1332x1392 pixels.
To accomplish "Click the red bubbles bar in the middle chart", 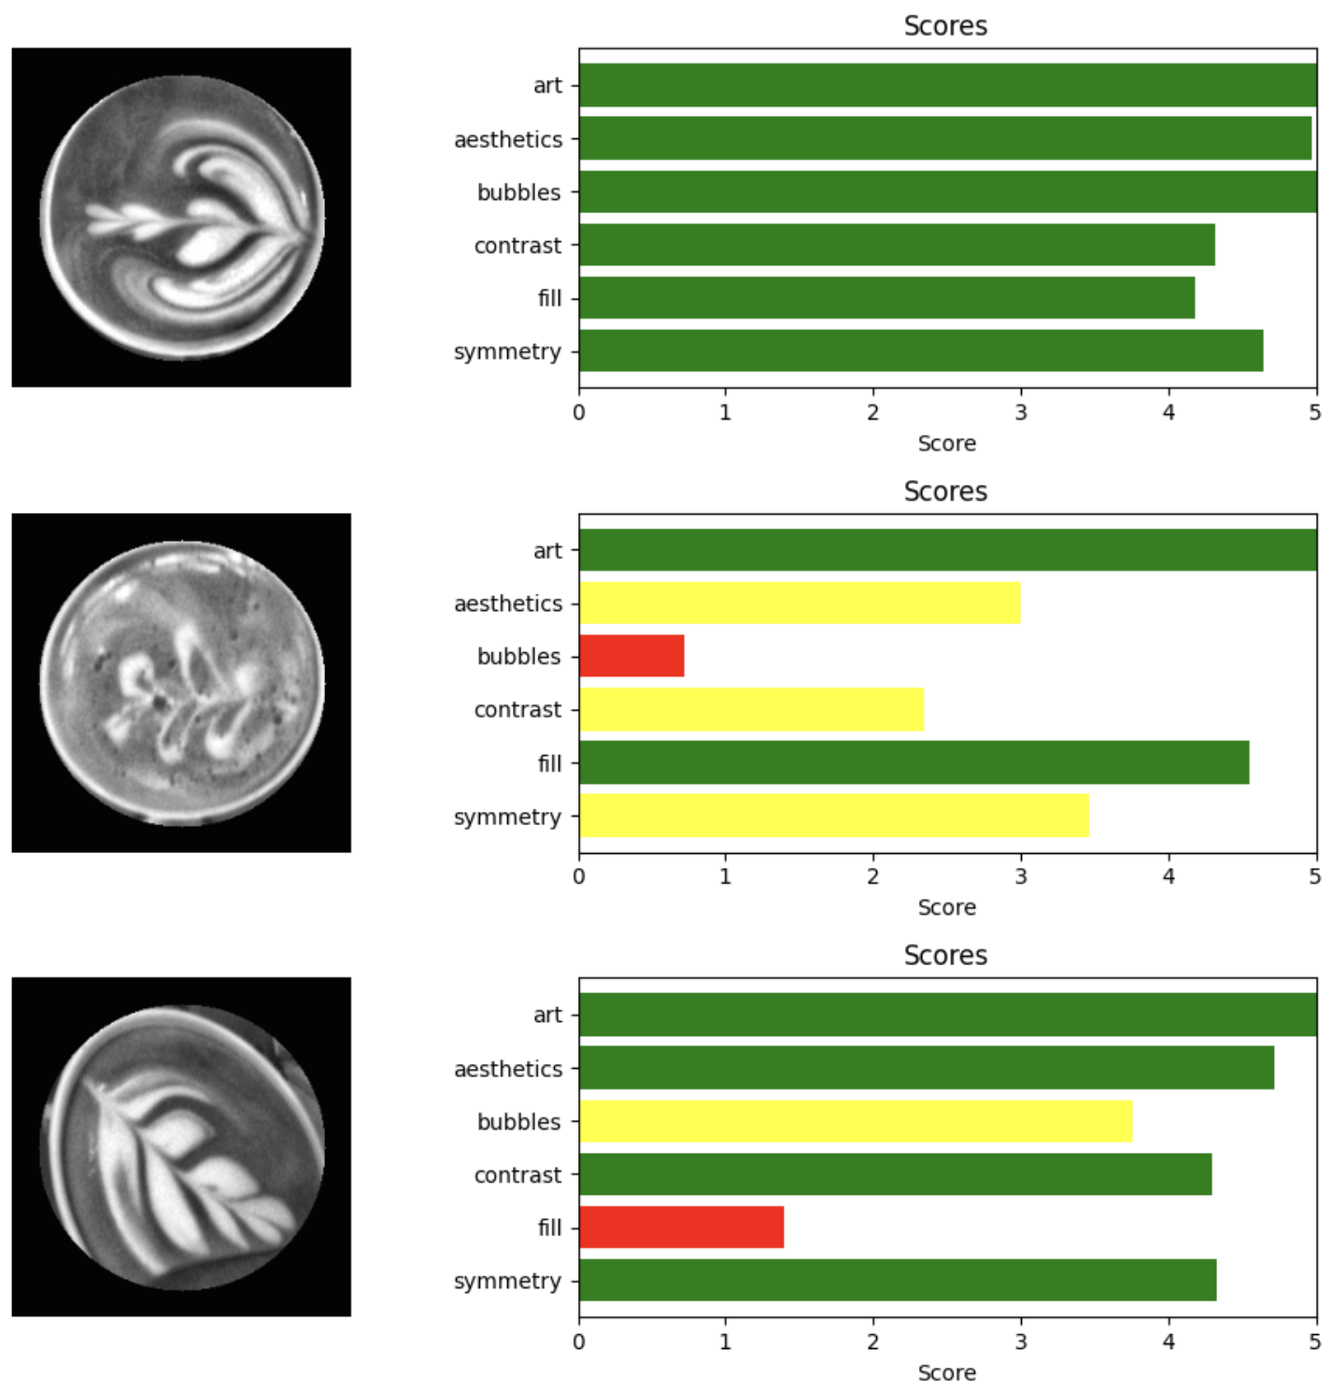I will point(631,656).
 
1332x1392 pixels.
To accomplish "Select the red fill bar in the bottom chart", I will point(681,1227).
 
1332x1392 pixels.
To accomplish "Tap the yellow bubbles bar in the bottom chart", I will point(856,1121).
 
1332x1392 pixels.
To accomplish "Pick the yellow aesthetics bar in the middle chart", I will point(800,603).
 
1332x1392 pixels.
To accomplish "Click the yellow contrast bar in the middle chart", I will point(751,709).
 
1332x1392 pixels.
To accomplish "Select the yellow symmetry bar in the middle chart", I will point(833,816).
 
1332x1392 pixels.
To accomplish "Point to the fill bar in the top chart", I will point(886,298).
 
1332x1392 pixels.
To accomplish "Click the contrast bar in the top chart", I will point(897,245).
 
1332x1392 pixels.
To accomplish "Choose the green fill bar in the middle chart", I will point(914,762).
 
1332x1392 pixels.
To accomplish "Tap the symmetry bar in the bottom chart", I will point(898,1280).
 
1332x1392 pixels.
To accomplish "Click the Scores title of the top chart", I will point(945,26).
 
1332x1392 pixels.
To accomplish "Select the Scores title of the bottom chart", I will point(945,956).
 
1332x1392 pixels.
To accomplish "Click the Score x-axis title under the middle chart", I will point(946,907).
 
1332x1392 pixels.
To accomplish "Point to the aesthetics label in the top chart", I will point(508,139).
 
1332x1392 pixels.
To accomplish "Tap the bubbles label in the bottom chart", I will point(518,1121).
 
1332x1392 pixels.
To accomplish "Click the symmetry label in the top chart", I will point(507,351).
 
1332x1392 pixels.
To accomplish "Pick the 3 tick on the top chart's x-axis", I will point(1020,413).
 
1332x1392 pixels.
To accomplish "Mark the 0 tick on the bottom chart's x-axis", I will point(579,1342).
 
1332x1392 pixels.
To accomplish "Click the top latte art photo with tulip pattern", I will point(181,218).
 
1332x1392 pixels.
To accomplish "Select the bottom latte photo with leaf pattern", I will point(181,1147).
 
